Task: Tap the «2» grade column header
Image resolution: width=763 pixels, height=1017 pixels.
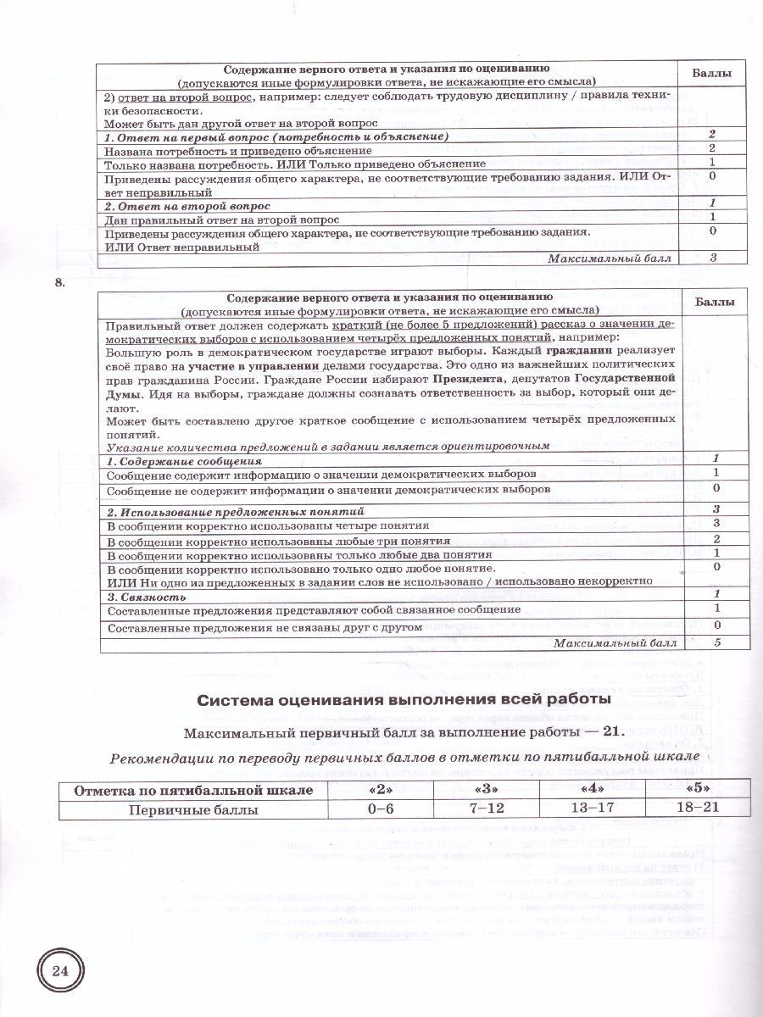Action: (381, 790)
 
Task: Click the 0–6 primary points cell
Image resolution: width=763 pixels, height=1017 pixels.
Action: (381, 809)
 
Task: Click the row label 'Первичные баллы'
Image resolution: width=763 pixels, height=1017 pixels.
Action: (193, 809)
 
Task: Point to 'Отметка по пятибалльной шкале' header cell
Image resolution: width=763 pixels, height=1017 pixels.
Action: (193, 791)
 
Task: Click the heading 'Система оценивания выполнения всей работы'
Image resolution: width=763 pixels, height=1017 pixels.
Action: (403, 699)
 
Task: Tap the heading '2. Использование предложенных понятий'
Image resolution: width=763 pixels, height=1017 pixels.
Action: (235, 511)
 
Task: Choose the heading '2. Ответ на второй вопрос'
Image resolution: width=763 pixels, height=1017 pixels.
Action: (187, 206)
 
